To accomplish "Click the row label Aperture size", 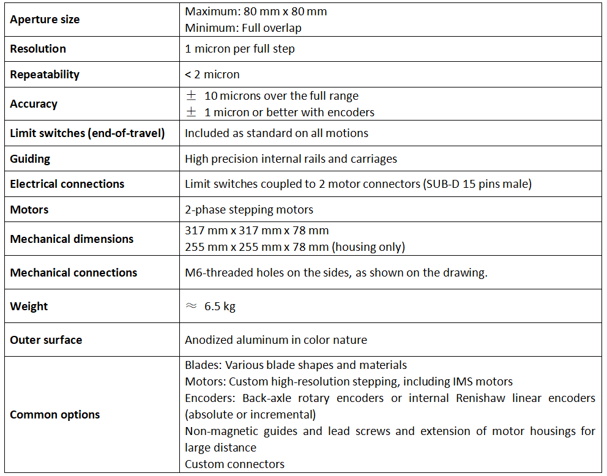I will coord(45,20).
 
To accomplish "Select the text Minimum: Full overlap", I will coord(243,28).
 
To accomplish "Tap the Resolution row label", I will coord(38,48).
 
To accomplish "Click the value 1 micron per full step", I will coord(239,48).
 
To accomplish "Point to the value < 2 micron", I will coord(212,74).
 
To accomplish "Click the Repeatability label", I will coord(45,74).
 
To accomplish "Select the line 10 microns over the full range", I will coord(281,95).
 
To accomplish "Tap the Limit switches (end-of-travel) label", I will coord(87,133).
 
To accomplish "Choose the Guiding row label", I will coord(30,158).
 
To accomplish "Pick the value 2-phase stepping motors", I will coord(249,209).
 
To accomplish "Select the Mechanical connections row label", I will coord(73,272).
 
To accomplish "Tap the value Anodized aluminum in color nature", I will coord(275,340).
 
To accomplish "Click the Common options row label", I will coord(54,414).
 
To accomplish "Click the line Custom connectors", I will coord(234,464).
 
